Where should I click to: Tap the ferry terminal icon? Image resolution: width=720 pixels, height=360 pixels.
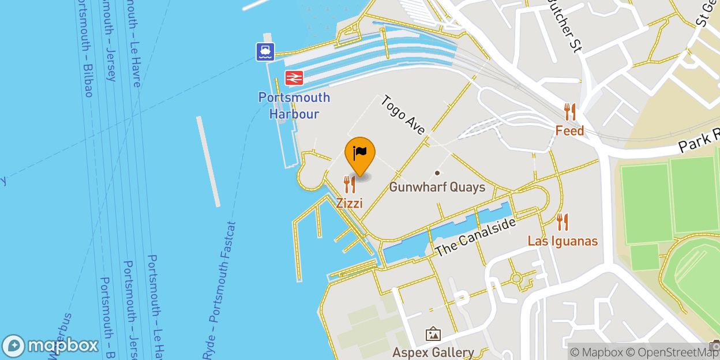tap(265, 52)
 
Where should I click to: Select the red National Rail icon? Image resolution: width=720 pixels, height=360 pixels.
tap(294, 77)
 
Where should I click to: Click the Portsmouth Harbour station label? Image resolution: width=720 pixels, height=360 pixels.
tap(294, 106)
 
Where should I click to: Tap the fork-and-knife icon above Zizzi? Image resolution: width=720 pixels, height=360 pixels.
tap(350, 185)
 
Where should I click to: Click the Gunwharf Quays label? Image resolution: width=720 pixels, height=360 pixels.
tap(437, 187)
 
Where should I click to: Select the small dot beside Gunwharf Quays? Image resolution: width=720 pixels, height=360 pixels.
tap(437, 172)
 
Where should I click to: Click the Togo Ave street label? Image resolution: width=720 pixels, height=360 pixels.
tap(403, 115)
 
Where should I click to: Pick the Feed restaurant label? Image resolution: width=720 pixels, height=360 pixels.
tap(569, 130)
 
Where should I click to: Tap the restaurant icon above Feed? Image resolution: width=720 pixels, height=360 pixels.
tap(570, 111)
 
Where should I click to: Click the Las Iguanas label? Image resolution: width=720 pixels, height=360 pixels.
tap(562, 241)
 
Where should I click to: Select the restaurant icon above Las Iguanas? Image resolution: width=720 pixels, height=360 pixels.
tap(562, 222)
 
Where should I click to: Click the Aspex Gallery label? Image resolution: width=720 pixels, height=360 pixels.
tap(433, 352)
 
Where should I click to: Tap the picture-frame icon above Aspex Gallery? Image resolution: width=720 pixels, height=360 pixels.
tap(433, 334)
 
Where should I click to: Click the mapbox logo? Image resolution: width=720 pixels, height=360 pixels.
tap(50, 346)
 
